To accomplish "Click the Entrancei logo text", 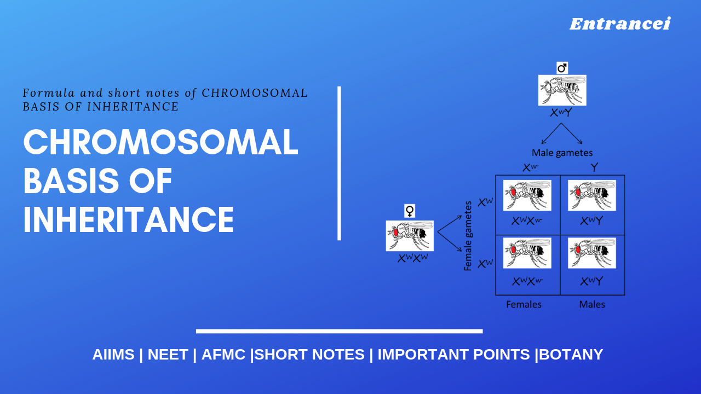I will [x=619, y=24].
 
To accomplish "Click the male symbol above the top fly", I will [x=562, y=68].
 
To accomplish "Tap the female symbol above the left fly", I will [x=410, y=211].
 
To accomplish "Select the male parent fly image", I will [x=562, y=90].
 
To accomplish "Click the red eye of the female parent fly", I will [x=395, y=232].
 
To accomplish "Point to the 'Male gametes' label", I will [x=562, y=153].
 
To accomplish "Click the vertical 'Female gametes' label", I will [x=468, y=236].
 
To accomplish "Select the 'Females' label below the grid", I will [x=524, y=304].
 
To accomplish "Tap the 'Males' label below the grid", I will [x=592, y=304].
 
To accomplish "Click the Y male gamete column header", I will [x=594, y=167].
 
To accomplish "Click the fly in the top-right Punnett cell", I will [x=591, y=195].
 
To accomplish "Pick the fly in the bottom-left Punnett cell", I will [x=527, y=253].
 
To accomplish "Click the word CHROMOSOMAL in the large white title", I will [x=160, y=143].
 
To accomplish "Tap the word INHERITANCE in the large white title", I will [x=129, y=220].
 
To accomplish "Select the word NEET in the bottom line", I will [x=168, y=355].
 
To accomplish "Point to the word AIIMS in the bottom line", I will [x=113, y=355].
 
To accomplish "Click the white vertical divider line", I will [x=339, y=163].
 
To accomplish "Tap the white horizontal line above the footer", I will [x=339, y=331].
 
